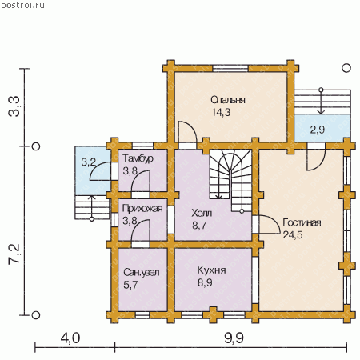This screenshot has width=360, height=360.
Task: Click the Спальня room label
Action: pyautogui.click(x=228, y=100)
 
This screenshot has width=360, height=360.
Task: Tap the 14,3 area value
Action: pyautogui.click(x=221, y=113)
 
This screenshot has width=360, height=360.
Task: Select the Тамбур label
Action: pyautogui.click(x=138, y=158)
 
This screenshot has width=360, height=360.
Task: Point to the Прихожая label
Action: pyautogui.click(x=142, y=208)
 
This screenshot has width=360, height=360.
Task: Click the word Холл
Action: pyautogui.click(x=202, y=213)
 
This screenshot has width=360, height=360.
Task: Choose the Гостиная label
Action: pyautogui.click(x=302, y=222)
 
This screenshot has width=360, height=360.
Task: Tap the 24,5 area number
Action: pyautogui.click(x=293, y=235)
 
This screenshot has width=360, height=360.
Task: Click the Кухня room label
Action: pyautogui.click(x=212, y=270)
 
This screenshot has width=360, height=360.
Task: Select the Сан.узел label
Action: pyautogui.click(x=142, y=273)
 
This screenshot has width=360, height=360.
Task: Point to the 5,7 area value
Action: pyautogui.click(x=130, y=285)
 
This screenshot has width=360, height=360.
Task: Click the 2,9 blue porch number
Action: pyautogui.click(x=318, y=130)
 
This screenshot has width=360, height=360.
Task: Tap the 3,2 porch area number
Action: pyautogui.click(x=89, y=162)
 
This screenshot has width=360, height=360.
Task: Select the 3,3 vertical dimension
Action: pyautogui.click(x=14, y=106)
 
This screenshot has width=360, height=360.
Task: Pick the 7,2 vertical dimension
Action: pyautogui.click(x=14, y=254)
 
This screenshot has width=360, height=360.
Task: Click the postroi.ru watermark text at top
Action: pyautogui.click(x=22, y=5)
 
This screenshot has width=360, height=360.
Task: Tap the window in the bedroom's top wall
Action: pyautogui.click(x=230, y=68)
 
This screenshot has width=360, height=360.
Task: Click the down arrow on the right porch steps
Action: pyautogui.click(x=321, y=102)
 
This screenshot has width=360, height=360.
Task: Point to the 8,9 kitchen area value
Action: pyautogui.click(x=205, y=282)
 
